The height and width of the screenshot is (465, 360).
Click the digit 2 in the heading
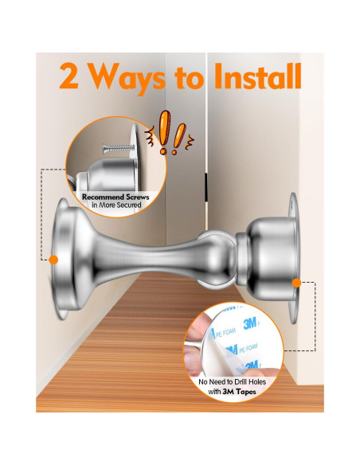68,76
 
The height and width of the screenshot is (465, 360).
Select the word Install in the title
257,76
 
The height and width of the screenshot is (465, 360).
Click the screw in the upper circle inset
118,147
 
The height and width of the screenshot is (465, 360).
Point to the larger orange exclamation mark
164,132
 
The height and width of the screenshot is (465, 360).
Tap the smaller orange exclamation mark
178,139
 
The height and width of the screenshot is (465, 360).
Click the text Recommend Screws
115,197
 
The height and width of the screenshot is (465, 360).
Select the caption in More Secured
116,205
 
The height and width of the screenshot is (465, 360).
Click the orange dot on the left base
53,260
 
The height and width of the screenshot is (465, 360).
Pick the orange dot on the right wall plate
296,283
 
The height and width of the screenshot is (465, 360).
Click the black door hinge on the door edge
205,187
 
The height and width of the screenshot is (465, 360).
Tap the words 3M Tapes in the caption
239,392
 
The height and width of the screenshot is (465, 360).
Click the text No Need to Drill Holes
233,381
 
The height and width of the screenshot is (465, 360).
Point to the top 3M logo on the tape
250,323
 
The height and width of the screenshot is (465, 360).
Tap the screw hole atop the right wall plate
293,205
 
